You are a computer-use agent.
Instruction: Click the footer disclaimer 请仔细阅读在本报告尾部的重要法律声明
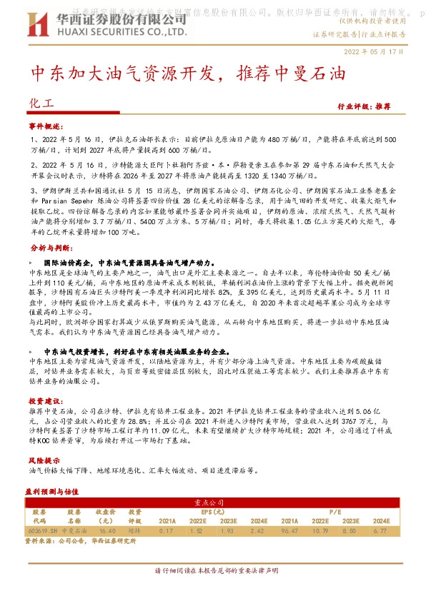(213, 570)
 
